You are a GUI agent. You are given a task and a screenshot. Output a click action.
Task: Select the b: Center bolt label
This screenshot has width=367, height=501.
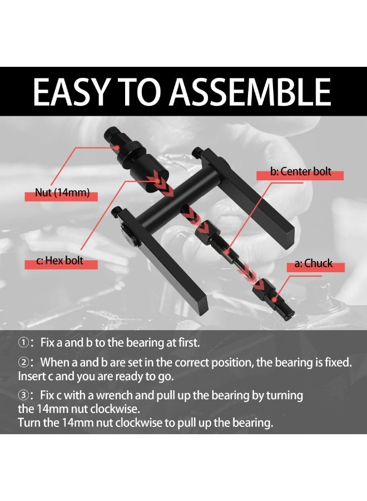[300, 171]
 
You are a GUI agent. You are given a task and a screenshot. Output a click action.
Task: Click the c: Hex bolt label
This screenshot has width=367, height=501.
[61, 260]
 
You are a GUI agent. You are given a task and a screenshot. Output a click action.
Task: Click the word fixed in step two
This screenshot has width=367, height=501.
[335, 362]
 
